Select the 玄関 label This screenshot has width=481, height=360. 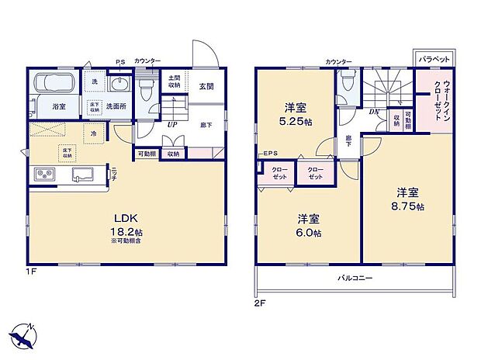point(206,86)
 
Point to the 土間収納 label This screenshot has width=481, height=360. point(175,81)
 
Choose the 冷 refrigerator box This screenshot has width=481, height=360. point(92,133)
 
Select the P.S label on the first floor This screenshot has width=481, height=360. point(120,62)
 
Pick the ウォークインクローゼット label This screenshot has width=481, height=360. point(435,101)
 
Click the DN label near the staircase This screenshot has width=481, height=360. point(374,112)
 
